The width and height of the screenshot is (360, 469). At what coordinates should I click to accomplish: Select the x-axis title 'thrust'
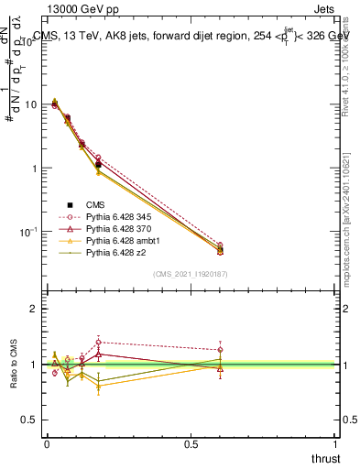(x=324, y=458)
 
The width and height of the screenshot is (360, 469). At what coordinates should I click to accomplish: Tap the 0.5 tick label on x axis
(x=191, y=443)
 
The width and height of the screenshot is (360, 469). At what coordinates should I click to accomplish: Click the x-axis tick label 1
(x=335, y=443)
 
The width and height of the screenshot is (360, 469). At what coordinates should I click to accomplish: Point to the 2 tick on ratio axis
(x=33, y=309)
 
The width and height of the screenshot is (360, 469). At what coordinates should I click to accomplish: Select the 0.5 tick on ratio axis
(x=29, y=420)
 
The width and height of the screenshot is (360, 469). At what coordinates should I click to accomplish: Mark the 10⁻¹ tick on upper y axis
(x=27, y=233)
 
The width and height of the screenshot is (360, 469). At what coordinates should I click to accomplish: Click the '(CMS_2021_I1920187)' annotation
(x=189, y=274)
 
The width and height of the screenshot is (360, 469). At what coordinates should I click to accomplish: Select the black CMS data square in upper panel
(x=98, y=165)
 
